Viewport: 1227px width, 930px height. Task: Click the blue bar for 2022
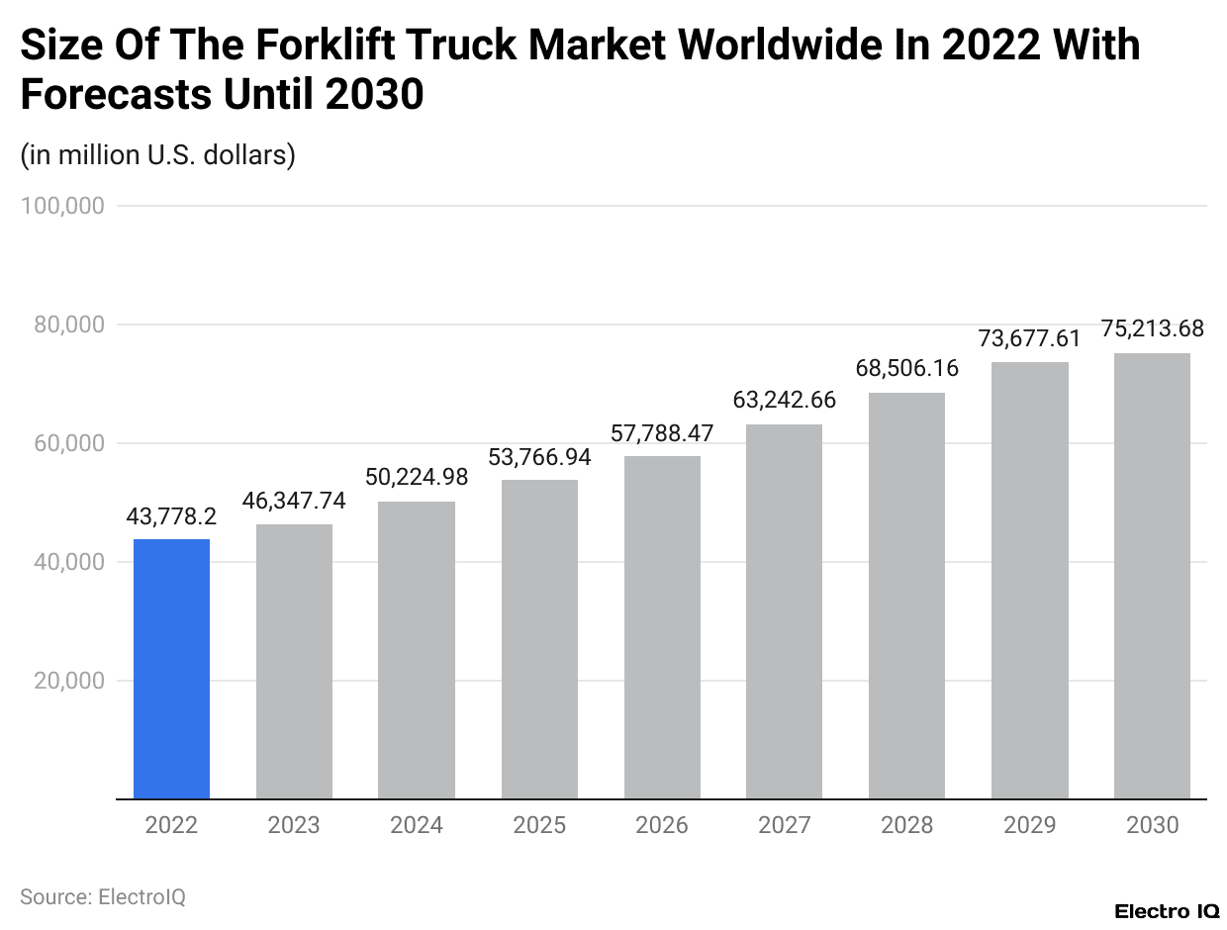tap(171, 669)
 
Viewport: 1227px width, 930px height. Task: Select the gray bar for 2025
tap(539, 639)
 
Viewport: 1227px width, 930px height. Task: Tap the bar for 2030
tap(1152, 576)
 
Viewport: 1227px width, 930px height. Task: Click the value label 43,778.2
tap(171, 516)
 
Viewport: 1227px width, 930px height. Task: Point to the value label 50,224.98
tap(417, 477)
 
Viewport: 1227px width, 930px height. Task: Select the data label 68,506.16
tap(907, 369)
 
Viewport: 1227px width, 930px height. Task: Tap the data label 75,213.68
tap(1152, 329)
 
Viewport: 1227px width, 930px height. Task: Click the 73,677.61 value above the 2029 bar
tap(1029, 338)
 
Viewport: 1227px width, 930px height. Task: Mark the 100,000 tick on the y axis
tap(61, 206)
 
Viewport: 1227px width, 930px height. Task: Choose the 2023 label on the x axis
tap(294, 825)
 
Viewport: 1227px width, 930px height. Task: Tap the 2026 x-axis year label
tap(661, 825)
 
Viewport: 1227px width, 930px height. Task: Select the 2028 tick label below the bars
tap(906, 825)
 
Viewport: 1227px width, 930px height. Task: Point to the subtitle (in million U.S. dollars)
tap(157, 155)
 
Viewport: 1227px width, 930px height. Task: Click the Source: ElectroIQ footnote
tap(103, 897)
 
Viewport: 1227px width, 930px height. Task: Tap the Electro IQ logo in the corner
tap(1167, 910)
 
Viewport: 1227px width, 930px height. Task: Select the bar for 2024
tap(417, 650)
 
